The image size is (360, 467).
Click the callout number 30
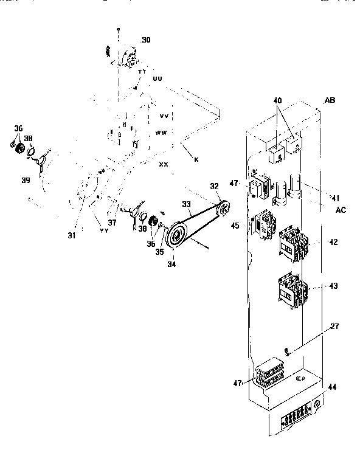click(x=146, y=40)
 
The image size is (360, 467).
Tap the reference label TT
click(x=142, y=72)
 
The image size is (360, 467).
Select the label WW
click(x=161, y=132)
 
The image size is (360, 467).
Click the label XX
click(x=164, y=164)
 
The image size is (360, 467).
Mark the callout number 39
click(x=25, y=181)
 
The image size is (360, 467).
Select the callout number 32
click(x=213, y=186)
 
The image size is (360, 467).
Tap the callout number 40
click(x=277, y=102)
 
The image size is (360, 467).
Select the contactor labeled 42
click(x=292, y=243)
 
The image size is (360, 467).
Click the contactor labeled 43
click(x=292, y=289)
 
